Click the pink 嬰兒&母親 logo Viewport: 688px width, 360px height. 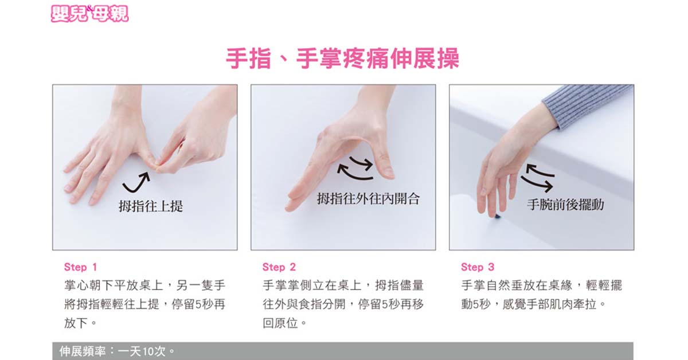point(89,14)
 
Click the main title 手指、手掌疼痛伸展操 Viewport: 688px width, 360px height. point(343,58)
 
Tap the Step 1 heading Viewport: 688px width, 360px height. point(80,267)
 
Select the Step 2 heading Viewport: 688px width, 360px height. point(279,267)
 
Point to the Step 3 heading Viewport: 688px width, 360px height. point(478,267)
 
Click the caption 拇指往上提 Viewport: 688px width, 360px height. point(151,206)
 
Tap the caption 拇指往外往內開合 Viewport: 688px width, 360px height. point(368,199)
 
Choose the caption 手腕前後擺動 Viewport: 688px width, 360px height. point(565,205)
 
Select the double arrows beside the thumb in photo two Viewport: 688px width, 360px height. point(355,168)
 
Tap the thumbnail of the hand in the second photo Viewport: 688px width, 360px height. point(388,173)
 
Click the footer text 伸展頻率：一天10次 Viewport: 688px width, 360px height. point(117,351)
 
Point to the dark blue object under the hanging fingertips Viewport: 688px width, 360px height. point(497,217)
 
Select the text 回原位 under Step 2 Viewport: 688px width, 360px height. point(280,323)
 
